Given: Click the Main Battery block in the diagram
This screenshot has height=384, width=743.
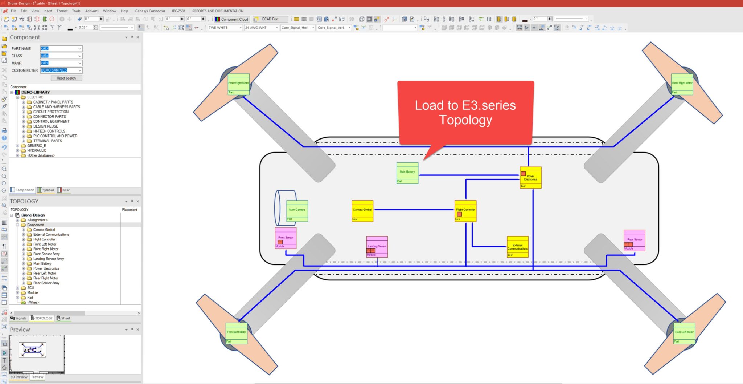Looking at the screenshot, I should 407,173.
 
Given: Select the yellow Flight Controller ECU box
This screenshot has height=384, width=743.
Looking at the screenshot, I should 465,211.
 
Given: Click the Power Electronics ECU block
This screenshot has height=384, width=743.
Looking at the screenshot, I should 530,177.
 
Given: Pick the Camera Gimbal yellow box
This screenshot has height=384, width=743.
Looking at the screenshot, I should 362,211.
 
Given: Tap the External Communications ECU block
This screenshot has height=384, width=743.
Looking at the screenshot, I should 517,247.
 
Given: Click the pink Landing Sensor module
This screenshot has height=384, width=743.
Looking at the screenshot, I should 377,247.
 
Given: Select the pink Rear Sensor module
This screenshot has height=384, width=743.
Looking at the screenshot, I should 634,240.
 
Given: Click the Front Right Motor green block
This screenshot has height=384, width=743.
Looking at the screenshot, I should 238,84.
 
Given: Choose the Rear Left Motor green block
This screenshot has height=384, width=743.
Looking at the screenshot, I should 684,333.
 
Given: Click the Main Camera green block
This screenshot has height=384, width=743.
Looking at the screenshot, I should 297,211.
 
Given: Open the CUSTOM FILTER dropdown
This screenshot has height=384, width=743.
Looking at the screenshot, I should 79,70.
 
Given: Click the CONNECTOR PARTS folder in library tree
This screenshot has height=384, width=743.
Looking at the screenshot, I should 49,117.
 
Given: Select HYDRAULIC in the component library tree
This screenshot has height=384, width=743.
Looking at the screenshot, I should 37,150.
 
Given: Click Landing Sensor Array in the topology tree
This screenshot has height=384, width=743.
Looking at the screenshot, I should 49,259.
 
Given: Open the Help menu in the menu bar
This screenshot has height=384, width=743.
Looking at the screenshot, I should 124,11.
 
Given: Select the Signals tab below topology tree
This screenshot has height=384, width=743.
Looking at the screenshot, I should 18,318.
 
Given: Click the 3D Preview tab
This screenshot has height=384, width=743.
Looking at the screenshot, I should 19,377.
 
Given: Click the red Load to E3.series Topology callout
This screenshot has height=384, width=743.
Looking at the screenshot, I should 465,113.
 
